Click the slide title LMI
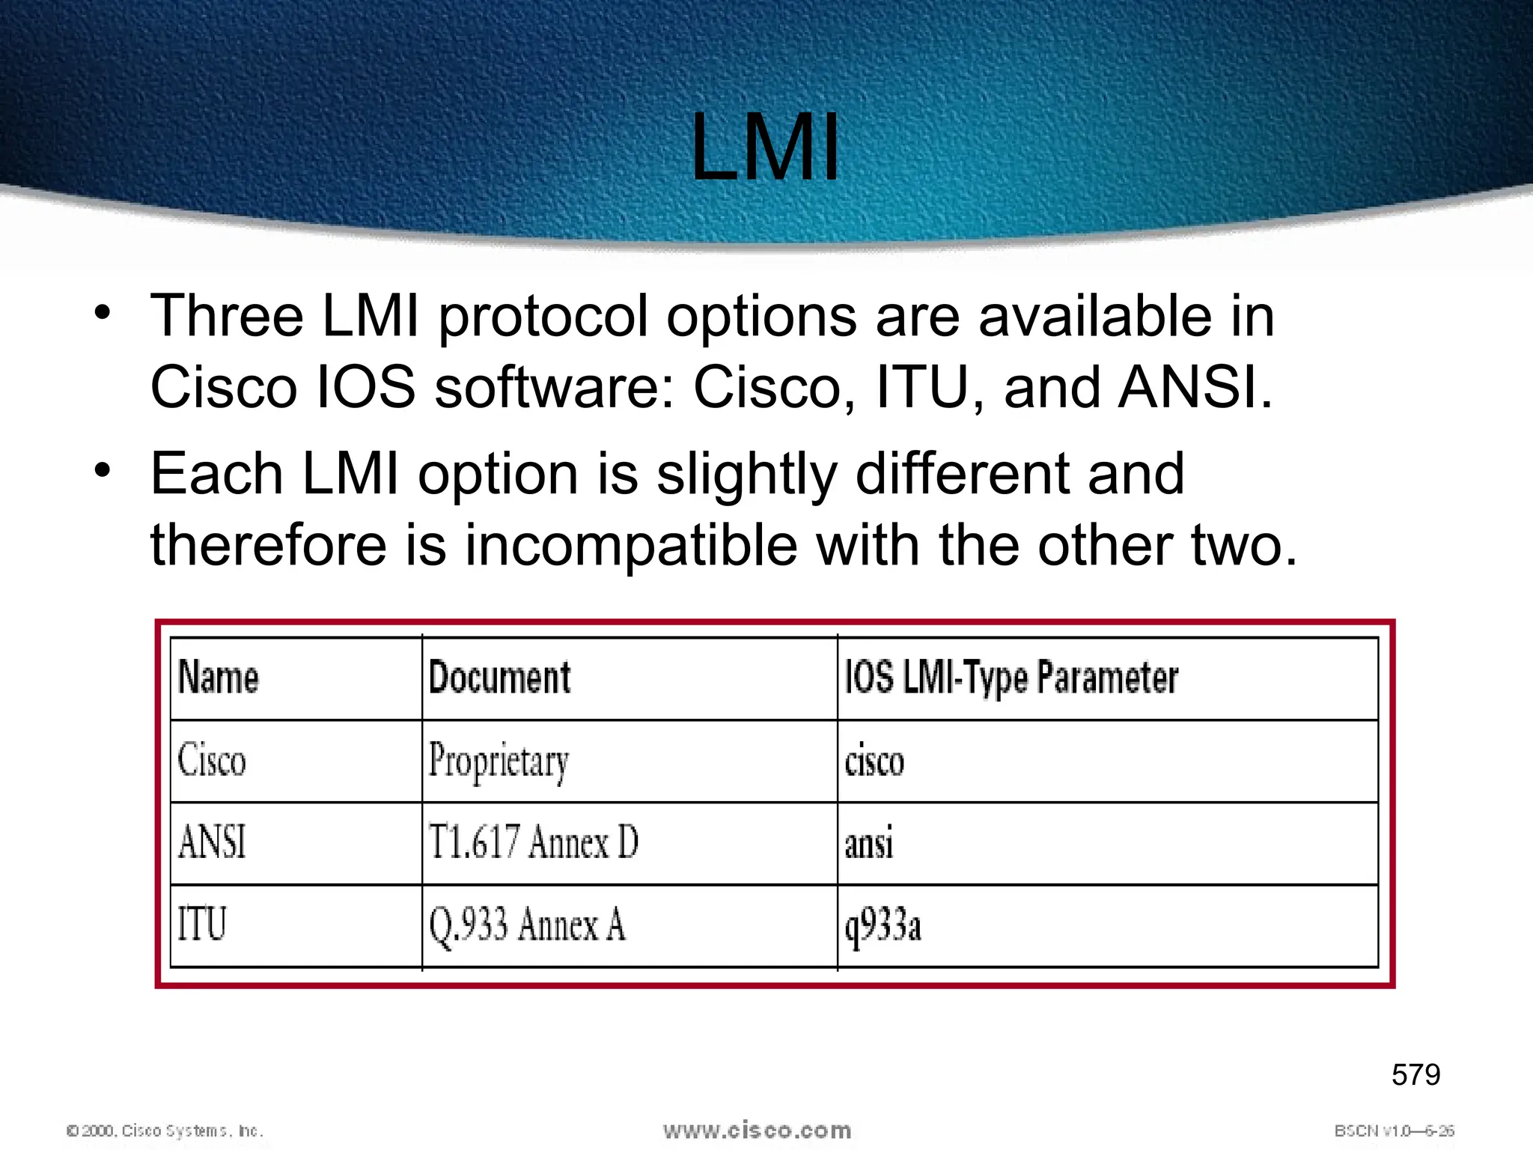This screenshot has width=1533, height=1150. [765, 147]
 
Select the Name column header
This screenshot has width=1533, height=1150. [219, 678]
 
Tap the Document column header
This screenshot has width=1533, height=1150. [499, 678]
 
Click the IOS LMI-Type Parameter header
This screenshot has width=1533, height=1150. [1011, 678]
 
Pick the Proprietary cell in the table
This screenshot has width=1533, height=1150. [499, 762]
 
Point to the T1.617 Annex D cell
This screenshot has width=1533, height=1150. [533, 842]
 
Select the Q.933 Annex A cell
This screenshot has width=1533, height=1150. [526, 925]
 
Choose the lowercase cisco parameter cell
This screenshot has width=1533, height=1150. [874, 762]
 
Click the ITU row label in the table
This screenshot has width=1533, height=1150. [201, 924]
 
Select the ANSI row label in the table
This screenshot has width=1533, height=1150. [212, 842]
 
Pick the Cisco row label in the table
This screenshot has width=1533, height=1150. [212, 761]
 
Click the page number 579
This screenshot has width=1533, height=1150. [1415, 1075]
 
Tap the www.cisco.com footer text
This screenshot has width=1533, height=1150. [757, 1131]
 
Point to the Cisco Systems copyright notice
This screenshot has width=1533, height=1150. [165, 1131]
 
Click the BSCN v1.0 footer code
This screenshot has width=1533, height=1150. [1394, 1131]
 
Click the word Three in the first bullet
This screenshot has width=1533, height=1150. [227, 316]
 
